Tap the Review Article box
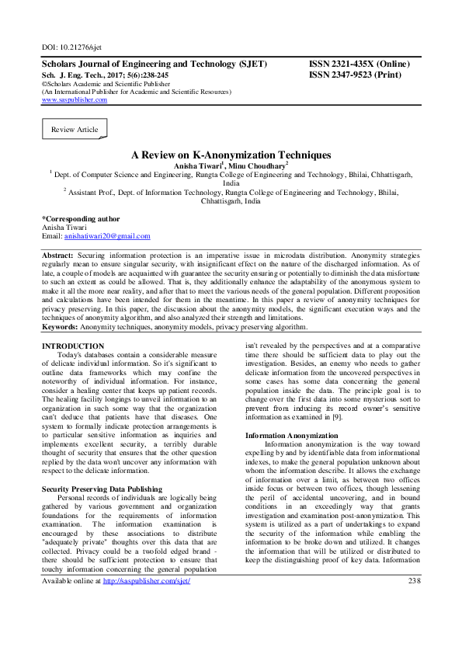(75, 130)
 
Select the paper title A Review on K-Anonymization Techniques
(231, 155)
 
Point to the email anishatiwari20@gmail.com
(107, 236)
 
